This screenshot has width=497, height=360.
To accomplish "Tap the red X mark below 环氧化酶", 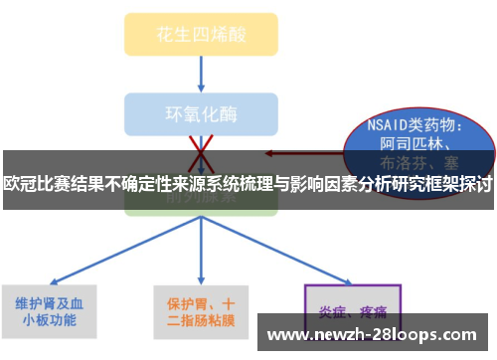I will coord(202,147).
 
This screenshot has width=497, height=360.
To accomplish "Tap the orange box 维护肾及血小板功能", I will coord(55,311).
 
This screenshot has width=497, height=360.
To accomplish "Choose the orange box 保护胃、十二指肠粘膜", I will coord(202,311).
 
